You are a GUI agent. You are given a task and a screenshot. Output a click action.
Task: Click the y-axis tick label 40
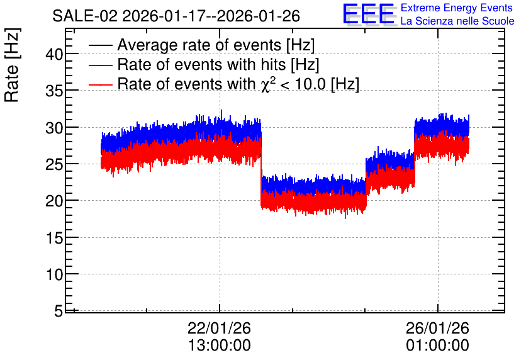(54, 54)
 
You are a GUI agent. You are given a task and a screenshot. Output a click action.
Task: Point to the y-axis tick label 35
(54, 91)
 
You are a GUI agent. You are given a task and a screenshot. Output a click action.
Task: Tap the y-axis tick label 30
(54, 128)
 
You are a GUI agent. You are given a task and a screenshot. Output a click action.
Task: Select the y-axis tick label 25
(54, 164)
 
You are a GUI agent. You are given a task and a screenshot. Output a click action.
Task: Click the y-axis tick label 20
(54, 201)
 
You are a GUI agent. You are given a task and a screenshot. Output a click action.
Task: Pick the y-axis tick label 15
(54, 238)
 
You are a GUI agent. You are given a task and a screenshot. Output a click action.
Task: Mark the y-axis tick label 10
(54, 274)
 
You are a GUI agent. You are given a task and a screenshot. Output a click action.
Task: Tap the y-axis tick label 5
(59, 311)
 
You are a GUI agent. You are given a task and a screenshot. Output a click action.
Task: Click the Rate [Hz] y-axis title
(12, 65)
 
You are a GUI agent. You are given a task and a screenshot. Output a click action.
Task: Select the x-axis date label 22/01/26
(219, 328)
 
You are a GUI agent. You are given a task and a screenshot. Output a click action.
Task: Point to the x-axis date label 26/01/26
(437, 328)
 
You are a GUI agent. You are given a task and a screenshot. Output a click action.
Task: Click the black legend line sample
(100, 45)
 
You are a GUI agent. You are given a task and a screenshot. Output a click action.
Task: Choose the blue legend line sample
(100, 65)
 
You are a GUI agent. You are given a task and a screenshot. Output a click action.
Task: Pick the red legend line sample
(100, 84)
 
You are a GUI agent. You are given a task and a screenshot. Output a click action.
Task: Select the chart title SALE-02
(85, 16)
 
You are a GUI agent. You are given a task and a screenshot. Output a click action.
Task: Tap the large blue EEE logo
(369, 14)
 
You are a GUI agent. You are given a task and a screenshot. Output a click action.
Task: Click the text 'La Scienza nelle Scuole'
(457, 21)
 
